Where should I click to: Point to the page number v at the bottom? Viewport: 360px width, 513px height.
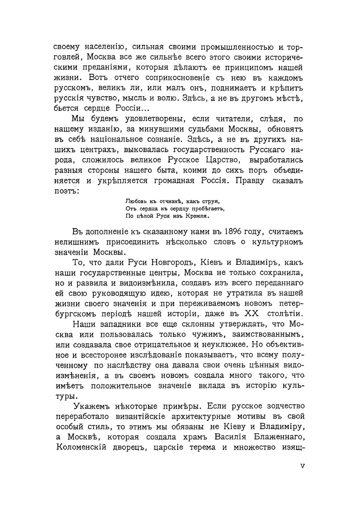coord(302,465)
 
